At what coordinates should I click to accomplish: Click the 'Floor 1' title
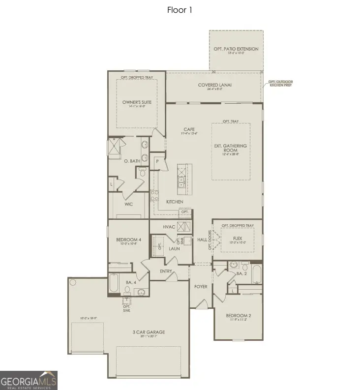(x=180, y=10)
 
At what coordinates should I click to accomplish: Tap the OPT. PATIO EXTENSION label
(x=236, y=49)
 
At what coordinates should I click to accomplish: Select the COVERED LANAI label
(x=214, y=85)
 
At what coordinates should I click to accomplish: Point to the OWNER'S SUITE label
(x=137, y=102)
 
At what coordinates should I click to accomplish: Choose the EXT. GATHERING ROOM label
(x=231, y=149)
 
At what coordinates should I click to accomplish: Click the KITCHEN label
(x=175, y=202)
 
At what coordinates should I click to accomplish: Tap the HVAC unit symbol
(x=183, y=227)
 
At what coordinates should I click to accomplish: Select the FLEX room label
(x=238, y=238)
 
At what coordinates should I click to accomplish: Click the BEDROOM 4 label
(x=129, y=240)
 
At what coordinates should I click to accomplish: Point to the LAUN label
(x=174, y=248)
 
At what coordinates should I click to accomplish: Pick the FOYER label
(x=201, y=286)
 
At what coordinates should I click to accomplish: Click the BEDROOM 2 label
(x=239, y=315)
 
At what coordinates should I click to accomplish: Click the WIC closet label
(x=129, y=203)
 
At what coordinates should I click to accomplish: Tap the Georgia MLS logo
(x=29, y=380)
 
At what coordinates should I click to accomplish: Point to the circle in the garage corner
(x=73, y=283)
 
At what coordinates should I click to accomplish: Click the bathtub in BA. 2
(x=256, y=274)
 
